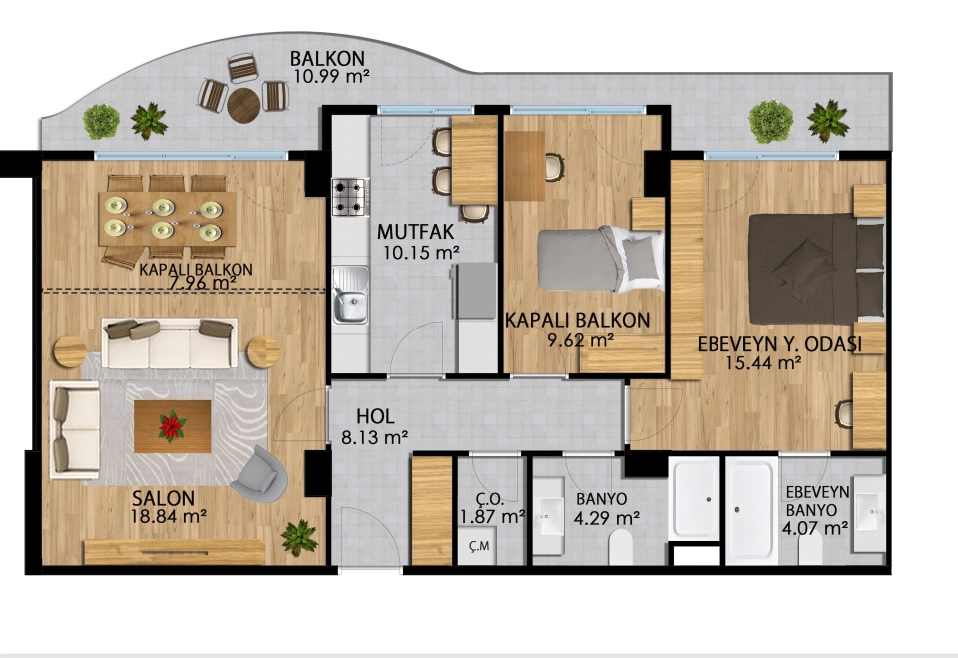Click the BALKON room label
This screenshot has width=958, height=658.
click(x=327, y=58)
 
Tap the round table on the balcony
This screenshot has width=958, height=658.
click(x=243, y=105)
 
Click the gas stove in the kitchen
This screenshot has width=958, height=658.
click(x=350, y=197)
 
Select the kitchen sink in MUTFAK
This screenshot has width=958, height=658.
click(x=350, y=295)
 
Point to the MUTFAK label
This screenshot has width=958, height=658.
click(x=415, y=232)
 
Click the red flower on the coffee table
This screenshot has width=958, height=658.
click(x=172, y=426)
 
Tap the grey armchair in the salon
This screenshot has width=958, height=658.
click(x=259, y=474)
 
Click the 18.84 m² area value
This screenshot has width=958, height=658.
click(x=168, y=517)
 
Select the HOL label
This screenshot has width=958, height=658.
click(x=375, y=417)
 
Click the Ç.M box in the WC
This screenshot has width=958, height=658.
click(x=477, y=546)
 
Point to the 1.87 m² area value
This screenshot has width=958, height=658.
click(x=492, y=517)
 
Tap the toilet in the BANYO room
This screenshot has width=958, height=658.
click(x=621, y=547)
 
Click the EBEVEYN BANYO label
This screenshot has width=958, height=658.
click(x=817, y=501)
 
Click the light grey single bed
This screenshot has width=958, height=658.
click(x=600, y=259)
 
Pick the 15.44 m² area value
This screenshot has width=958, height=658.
click(x=763, y=363)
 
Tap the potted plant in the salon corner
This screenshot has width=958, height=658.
click(x=299, y=538)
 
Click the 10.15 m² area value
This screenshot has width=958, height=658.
click(x=421, y=252)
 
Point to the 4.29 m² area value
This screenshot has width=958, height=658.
click(x=607, y=518)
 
